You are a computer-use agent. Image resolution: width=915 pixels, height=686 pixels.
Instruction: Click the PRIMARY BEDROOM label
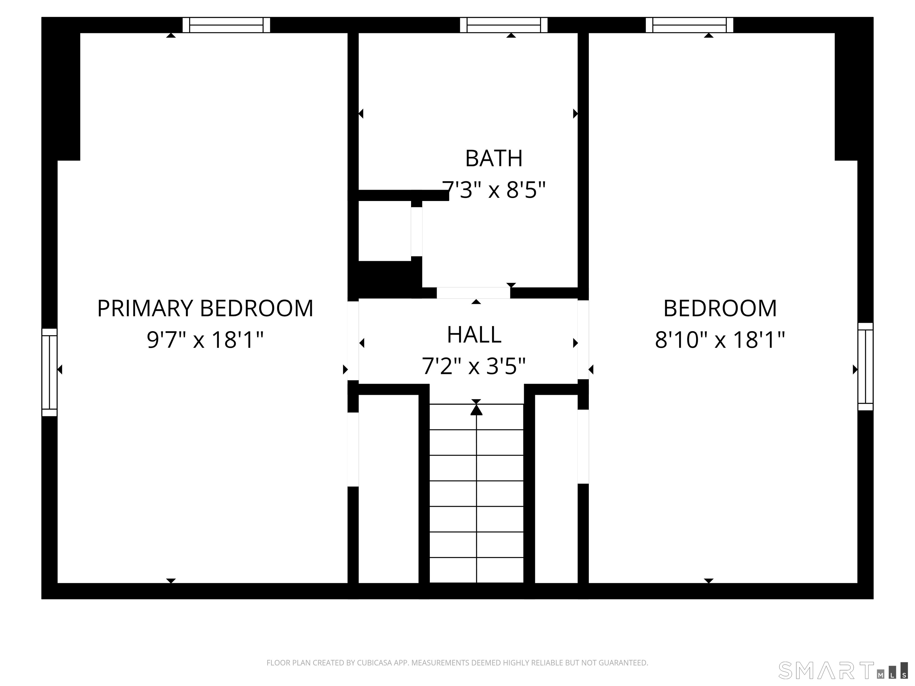(205, 308)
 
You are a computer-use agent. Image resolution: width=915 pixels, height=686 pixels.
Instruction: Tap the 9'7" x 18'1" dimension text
(205, 340)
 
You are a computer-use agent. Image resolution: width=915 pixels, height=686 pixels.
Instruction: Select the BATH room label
(494, 158)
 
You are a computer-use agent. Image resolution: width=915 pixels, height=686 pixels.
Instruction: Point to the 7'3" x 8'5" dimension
(494, 190)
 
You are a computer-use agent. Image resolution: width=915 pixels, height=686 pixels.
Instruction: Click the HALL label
(474, 335)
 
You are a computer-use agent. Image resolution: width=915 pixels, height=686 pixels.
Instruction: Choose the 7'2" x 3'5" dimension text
(474, 366)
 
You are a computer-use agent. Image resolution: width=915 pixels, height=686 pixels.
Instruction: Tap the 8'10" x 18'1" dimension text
(720, 340)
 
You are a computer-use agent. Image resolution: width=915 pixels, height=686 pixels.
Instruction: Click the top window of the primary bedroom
(226, 25)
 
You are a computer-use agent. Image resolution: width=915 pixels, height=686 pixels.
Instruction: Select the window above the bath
(504, 25)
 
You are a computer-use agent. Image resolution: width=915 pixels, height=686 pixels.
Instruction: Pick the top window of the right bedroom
(690, 25)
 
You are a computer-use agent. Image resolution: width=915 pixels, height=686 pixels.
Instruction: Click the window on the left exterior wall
(49, 372)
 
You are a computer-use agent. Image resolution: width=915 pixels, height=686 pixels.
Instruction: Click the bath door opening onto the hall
(473, 293)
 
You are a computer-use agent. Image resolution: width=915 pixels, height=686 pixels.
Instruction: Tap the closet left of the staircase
(388, 489)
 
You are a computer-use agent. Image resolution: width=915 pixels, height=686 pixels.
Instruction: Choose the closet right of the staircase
(556, 489)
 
